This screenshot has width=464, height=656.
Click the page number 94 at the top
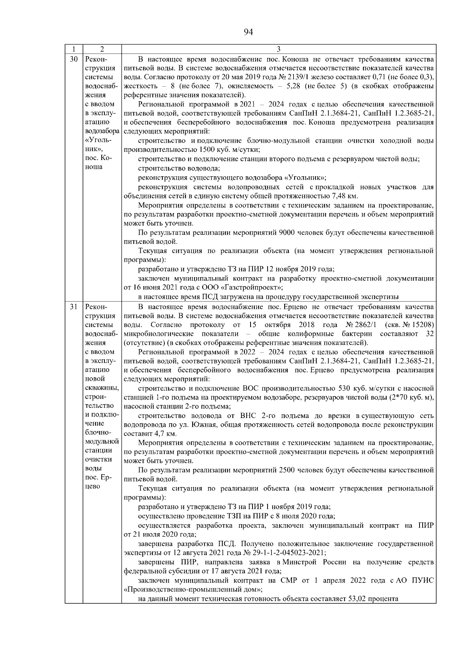248,32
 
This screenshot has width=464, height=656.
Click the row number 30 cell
73,59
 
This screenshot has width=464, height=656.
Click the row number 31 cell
73,307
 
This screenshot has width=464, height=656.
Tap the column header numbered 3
279,49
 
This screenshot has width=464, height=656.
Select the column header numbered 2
102,49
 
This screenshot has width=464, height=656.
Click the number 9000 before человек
285,233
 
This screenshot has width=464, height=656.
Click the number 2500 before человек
285,470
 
